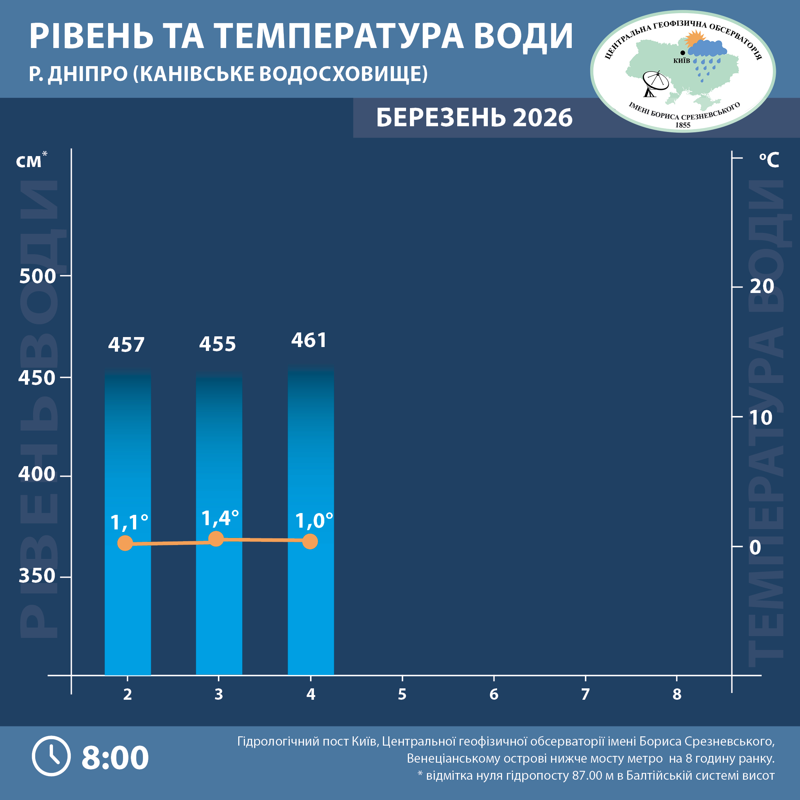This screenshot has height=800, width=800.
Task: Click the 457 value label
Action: (126, 345)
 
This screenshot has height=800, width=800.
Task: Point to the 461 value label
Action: (309, 340)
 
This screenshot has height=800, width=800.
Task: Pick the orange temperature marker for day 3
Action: (216, 539)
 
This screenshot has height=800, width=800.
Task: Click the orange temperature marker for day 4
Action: (310, 541)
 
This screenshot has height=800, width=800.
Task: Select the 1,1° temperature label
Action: (129, 522)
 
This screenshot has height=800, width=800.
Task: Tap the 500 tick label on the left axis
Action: (37, 276)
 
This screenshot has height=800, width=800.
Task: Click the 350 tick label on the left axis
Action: (37, 576)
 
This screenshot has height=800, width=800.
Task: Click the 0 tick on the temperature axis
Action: (755, 548)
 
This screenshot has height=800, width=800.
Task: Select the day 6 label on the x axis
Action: (494, 694)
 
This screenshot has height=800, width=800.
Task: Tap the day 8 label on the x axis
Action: (677, 694)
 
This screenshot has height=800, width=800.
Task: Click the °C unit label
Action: (769, 160)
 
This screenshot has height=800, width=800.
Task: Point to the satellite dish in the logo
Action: (655, 83)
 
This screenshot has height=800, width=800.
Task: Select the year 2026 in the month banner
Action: (543, 118)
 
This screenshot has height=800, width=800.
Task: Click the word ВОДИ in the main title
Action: (523, 36)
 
